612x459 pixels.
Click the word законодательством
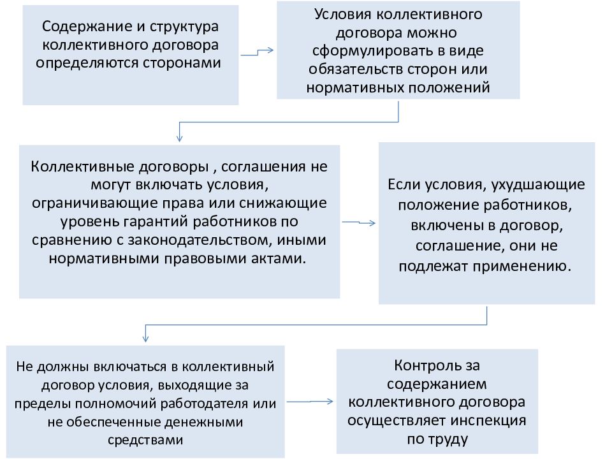[200, 240]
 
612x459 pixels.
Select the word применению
[522, 267]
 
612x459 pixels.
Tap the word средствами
[145, 441]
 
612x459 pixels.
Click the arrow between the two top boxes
[257, 52]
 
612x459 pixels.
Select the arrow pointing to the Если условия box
[359, 222]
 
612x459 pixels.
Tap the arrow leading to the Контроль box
[310, 401]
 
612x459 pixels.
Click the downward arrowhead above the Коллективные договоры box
[180, 138]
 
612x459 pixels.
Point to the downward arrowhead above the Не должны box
[145, 338]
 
